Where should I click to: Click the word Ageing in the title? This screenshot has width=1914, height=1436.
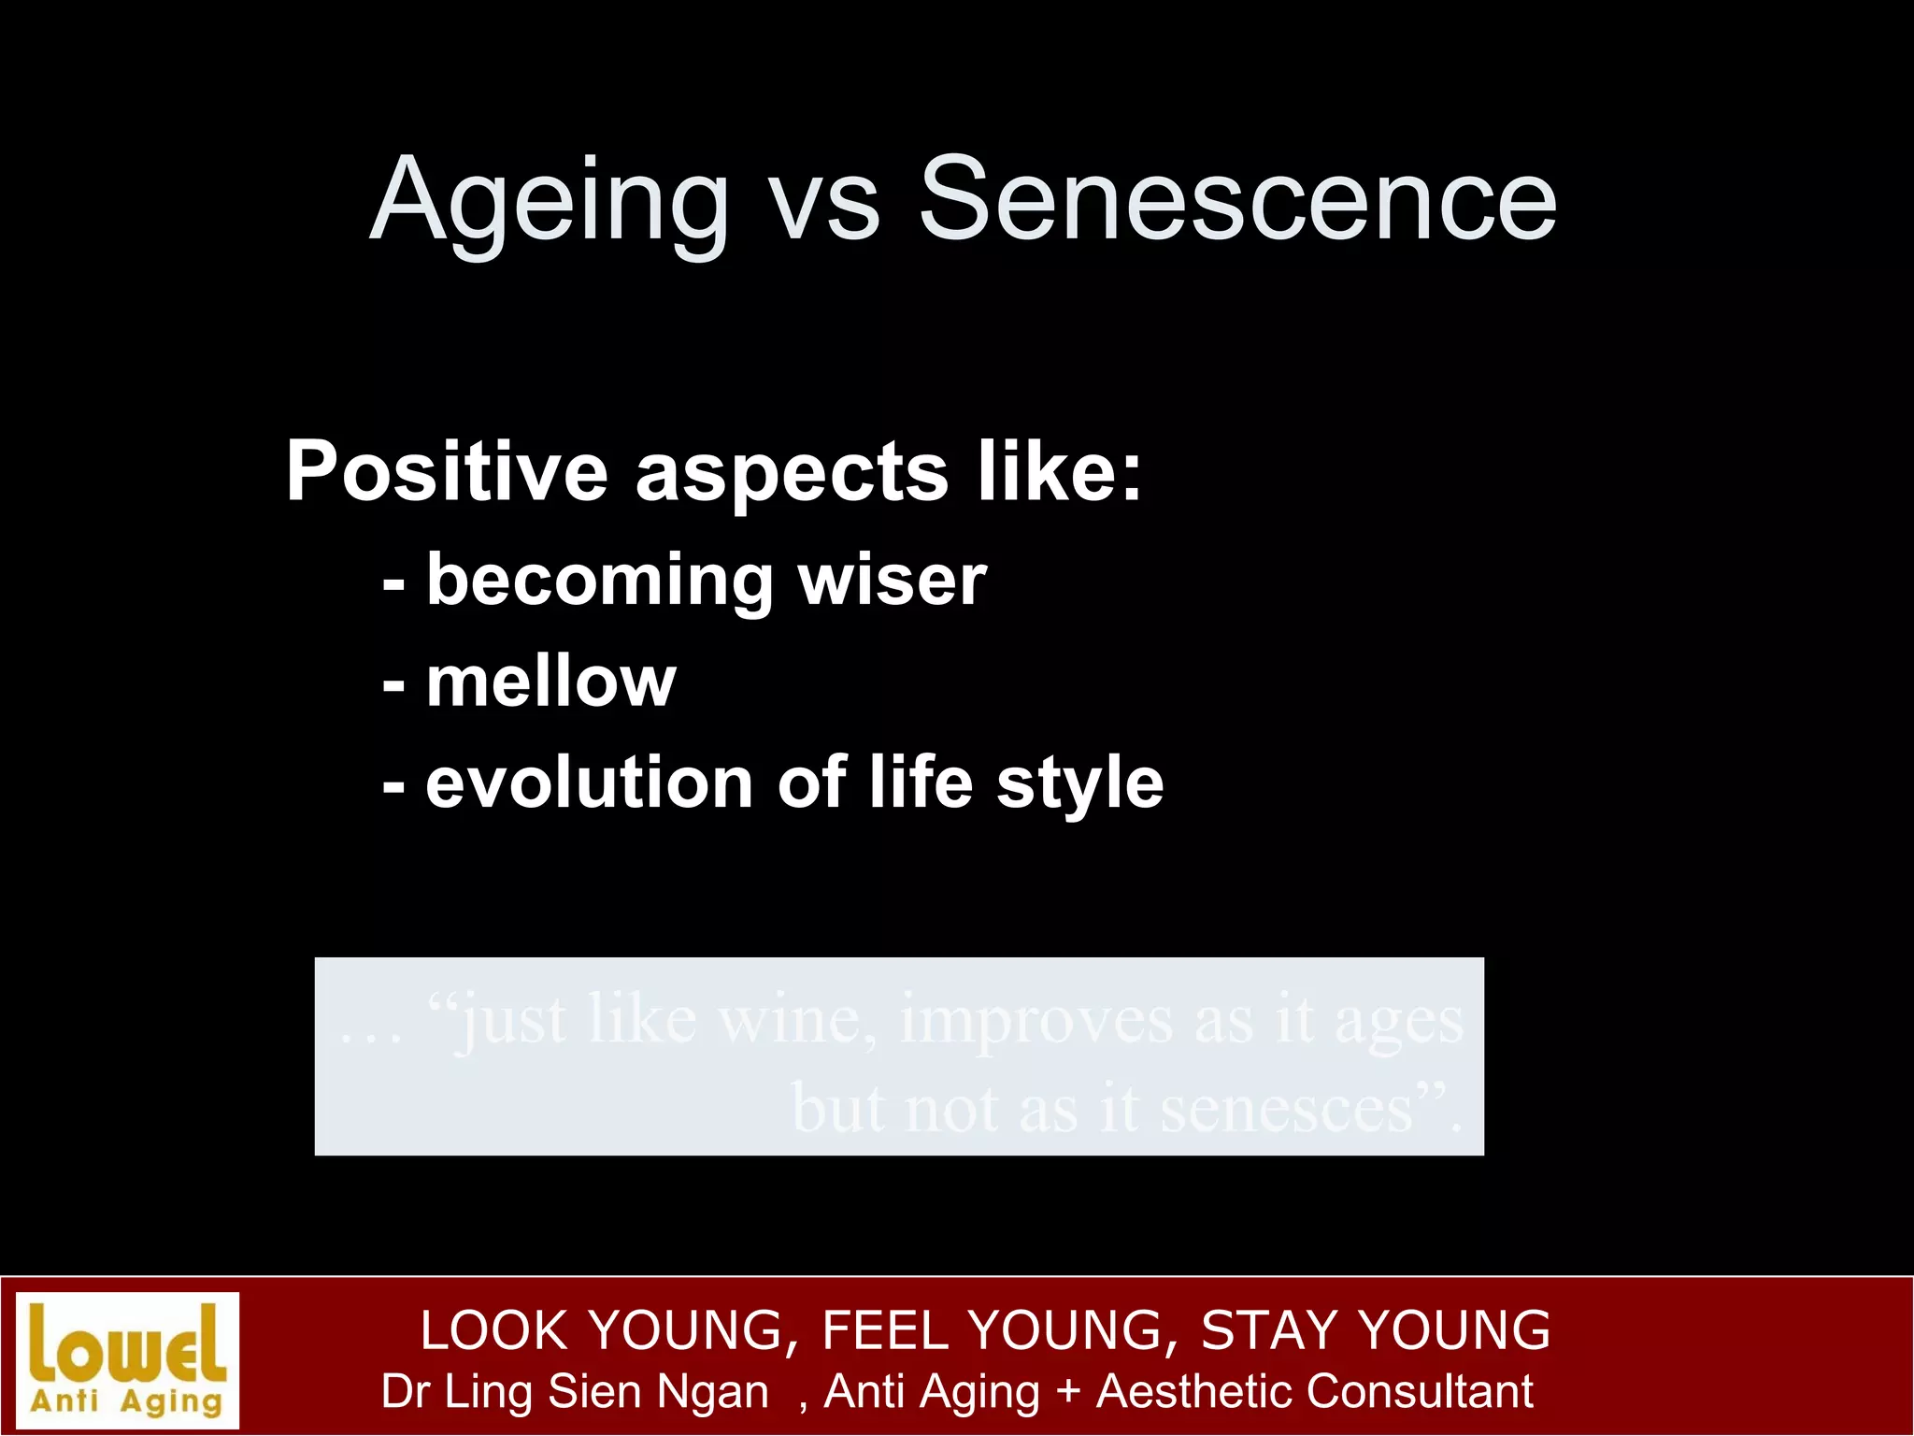pos(549,201)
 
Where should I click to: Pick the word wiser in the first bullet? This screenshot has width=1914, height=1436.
pos(892,580)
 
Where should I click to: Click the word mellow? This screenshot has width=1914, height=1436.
pos(550,682)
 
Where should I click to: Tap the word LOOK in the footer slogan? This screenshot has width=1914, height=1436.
pos(493,1329)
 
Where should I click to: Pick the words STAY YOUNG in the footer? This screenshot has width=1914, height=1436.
pos(1375,1329)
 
